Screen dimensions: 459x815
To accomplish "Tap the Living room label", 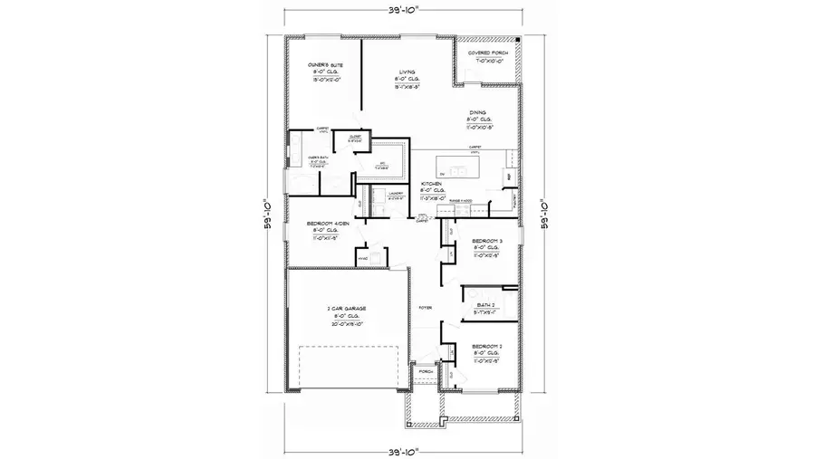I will click(x=407, y=72).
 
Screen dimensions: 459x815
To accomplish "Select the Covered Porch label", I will click(x=488, y=54).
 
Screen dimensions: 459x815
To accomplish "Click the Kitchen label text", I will click(x=431, y=184).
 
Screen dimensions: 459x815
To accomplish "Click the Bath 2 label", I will click(x=486, y=306).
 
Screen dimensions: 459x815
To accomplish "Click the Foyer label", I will click(x=424, y=309).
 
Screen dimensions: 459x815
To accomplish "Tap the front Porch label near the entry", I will click(x=426, y=370).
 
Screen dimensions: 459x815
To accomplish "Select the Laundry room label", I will click(x=395, y=193).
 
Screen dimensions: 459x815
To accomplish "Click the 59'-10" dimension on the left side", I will click(x=268, y=215).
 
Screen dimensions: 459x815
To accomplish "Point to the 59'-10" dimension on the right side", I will click(x=546, y=215).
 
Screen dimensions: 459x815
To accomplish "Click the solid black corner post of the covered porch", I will click(x=517, y=42).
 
